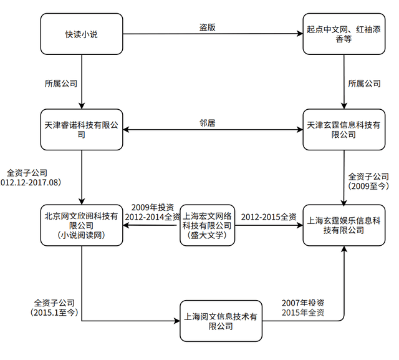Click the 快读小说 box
82,34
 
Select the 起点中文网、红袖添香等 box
344,34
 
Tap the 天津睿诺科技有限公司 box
82,130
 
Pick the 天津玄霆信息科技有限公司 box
344,130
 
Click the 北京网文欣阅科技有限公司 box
82,225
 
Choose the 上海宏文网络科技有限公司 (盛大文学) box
207,225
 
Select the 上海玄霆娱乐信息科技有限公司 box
344,225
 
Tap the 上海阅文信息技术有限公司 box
221,321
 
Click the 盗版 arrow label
208,27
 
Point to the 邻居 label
208,123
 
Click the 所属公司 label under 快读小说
61,83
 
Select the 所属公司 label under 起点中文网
364,83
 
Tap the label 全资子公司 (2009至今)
368,182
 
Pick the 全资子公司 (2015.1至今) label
54,308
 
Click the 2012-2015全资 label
269,217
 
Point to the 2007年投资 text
303,303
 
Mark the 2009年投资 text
153,207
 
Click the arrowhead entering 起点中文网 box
300,34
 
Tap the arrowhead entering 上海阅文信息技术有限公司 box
177,321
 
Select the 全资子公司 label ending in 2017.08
31,178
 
